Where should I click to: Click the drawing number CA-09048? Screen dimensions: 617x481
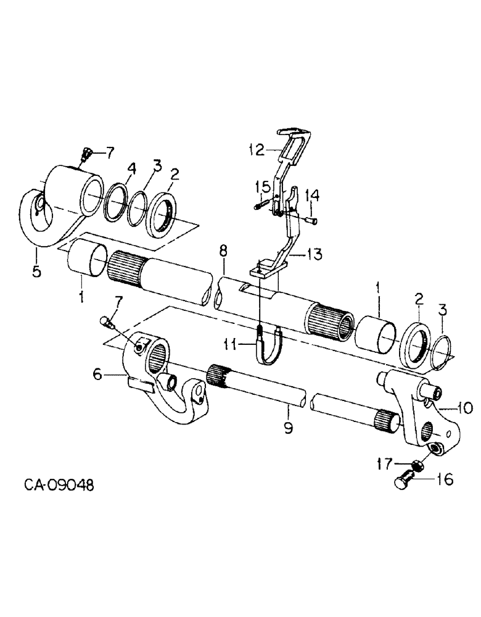[59, 486]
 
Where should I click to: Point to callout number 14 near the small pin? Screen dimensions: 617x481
[313, 195]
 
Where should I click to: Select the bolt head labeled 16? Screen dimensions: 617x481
[401, 481]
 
